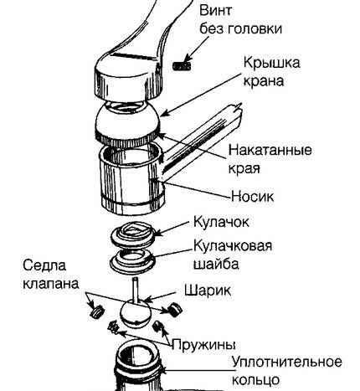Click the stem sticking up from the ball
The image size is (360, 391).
tap(134, 290)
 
